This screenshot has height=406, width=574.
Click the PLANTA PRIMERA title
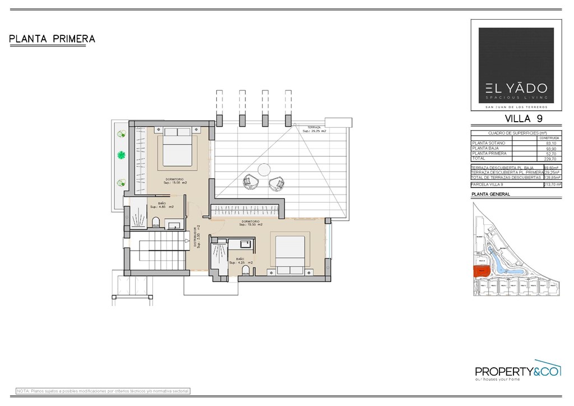pyautogui.click(x=52, y=39)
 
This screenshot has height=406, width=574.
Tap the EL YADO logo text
pyautogui.click(x=516, y=88)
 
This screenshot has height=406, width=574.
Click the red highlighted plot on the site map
pyautogui.click(x=480, y=271)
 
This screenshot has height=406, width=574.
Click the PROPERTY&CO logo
pyautogui.click(x=517, y=371)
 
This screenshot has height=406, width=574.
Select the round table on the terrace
pyautogui.click(x=264, y=169)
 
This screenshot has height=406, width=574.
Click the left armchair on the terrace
pyautogui.click(x=249, y=182)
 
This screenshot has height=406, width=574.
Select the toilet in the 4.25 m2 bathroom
pyautogui.click(x=245, y=271)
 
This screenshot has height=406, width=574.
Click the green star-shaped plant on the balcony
pyautogui.click(x=121, y=155)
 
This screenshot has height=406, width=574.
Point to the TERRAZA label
pyautogui.click(x=314, y=128)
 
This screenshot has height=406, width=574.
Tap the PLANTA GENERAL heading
pyautogui.click(x=491, y=194)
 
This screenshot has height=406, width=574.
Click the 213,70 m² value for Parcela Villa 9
pyautogui.click(x=552, y=184)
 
